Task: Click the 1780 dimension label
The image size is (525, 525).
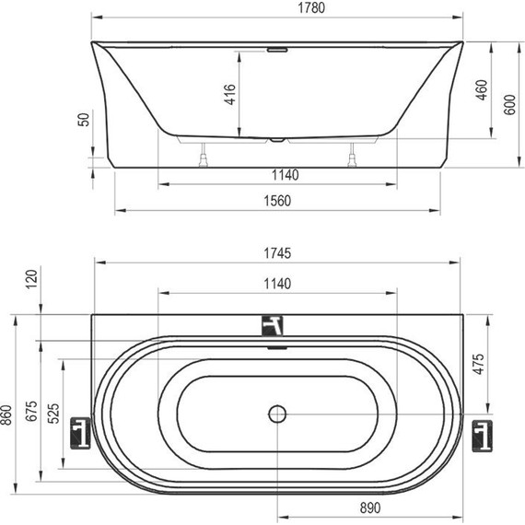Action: coord(311,8)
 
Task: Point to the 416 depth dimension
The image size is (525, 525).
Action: coord(229,95)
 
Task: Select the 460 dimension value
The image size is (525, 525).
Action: coord(482,89)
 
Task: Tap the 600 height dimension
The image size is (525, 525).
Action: coord(509,104)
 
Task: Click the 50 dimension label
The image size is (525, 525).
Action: coord(84,120)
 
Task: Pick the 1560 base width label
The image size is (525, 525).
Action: coord(277,201)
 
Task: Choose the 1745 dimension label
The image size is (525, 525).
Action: coord(277,253)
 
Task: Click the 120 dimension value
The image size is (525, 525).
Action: coord(31,279)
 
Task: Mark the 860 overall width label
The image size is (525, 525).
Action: coord(6,415)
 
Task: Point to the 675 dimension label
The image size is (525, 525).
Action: coord(31,411)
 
